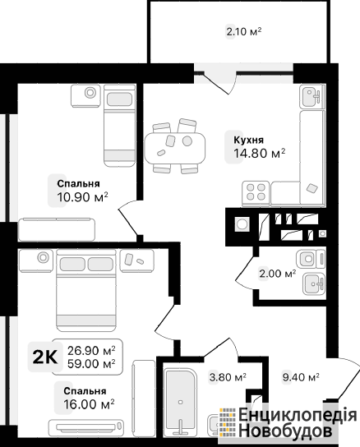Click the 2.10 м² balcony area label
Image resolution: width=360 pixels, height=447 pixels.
pos(244,31)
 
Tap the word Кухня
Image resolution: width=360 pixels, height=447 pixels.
pos(249,141)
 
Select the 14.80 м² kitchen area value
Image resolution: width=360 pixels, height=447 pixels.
pos(259,154)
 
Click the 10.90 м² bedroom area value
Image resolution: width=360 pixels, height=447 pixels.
pos(82,196)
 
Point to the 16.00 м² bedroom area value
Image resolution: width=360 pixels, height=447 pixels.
pos(89,404)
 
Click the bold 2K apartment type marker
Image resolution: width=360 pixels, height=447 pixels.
pos(45,357)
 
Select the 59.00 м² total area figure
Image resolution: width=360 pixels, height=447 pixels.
pos(91,364)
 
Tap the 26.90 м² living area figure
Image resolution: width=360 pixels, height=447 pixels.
pos(91,351)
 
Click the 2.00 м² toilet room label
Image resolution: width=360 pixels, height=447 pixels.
pos(277,274)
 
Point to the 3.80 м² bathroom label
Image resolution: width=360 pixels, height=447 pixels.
pos(228,377)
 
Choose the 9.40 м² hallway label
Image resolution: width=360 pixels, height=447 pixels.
pos(301,377)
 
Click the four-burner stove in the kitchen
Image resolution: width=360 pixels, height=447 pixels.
pos(256,192)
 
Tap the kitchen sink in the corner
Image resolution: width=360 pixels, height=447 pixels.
pos(312,96)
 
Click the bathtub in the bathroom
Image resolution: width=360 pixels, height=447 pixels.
pos(180,402)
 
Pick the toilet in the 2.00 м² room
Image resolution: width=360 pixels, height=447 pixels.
pos(311,259)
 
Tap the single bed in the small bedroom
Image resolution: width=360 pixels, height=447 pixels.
pos(119,126)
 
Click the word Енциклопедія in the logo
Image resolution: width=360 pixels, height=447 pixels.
pos(298,415)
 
